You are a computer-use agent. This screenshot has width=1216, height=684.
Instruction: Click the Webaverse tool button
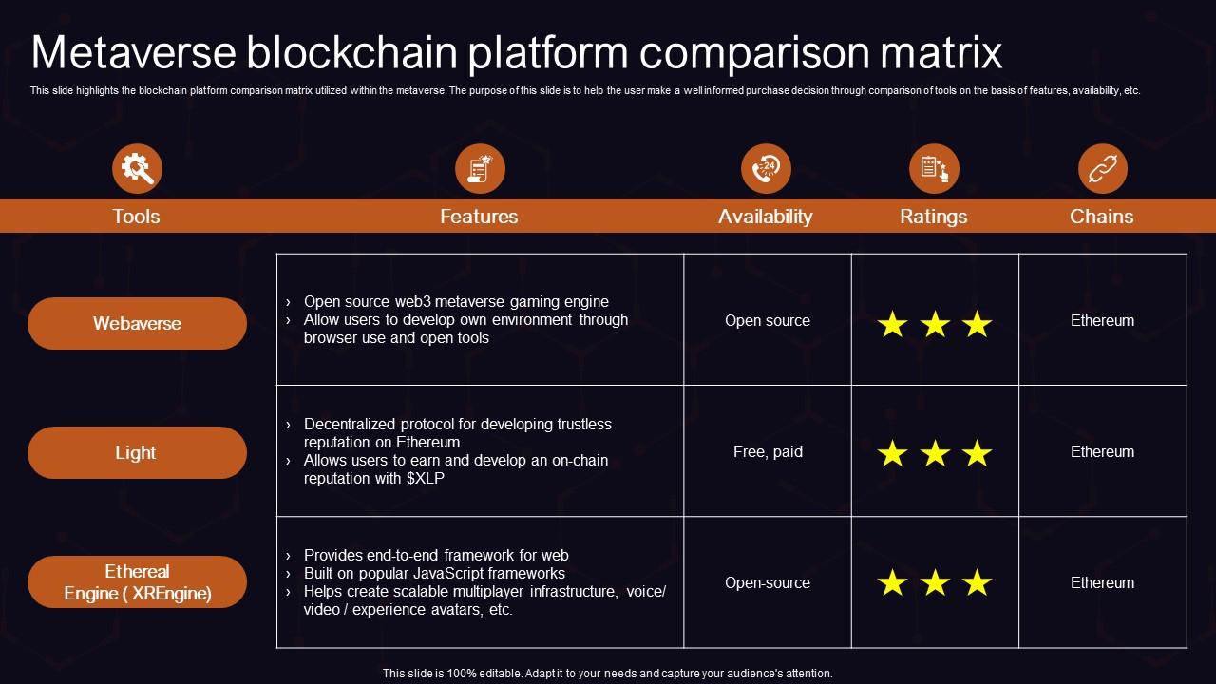(x=137, y=323)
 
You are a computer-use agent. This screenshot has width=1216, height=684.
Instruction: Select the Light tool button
(x=137, y=452)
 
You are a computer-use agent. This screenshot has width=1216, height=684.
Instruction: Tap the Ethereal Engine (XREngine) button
(x=137, y=582)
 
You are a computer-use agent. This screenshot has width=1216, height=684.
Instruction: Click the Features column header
(x=479, y=217)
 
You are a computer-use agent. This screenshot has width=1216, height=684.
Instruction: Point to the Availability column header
(x=765, y=217)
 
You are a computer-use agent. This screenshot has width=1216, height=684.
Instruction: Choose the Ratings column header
(x=933, y=217)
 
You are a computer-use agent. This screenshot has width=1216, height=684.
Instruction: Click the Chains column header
(x=1101, y=217)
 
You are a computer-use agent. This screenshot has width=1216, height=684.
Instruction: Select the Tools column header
(x=136, y=217)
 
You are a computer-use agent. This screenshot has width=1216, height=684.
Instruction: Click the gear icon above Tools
(x=137, y=169)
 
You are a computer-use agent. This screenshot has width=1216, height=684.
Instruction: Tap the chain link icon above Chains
(x=1102, y=169)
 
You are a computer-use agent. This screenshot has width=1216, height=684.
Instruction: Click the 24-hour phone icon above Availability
(x=766, y=169)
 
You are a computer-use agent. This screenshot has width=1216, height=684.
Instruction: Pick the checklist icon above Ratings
(x=934, y=169)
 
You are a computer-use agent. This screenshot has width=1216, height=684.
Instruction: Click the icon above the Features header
(x=480, y=169)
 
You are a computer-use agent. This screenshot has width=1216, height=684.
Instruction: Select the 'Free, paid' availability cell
(x=768, y=452)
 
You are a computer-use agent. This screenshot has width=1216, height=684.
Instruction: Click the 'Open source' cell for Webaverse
(x=768, y=321)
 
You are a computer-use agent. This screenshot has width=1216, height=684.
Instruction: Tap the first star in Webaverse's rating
(x=892, y=325)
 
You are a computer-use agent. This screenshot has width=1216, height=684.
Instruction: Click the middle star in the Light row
(x=935, y=454)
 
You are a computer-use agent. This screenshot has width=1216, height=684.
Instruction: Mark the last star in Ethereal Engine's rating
(x=977, y=583)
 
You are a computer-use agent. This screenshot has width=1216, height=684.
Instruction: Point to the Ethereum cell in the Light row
(x=1102, y=452)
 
